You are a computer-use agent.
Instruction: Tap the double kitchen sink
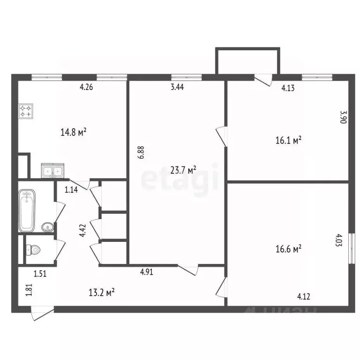(x=52, y=171)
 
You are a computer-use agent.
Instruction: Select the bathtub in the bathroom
(x=27, y=210)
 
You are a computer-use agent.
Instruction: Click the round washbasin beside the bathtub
(x=47, y=228)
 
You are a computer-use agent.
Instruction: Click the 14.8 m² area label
(x=73, y=133)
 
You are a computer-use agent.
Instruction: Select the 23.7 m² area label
(x=183, y=170)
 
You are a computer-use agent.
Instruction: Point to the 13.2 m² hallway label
(x=102, y=293)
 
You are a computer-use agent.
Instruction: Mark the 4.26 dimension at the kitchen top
(x=87, y=86)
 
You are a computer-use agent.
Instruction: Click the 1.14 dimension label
(x=71, y=189)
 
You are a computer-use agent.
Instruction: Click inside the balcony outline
(x=247, y=61)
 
